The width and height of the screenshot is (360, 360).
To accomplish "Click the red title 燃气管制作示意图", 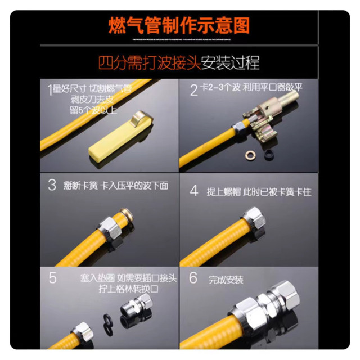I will pyautogui.click(x=179, y=25).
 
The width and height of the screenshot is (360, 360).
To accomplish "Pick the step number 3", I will pyautogui.click(x=52, y=185).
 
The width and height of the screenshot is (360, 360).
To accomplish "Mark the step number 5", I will pyautogui.click(x=52, y=278).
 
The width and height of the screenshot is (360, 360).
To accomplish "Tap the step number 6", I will pyautogui.click(x=193, y=278).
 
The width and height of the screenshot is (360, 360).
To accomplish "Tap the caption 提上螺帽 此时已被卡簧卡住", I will pyautogui.click(x=259, y=192).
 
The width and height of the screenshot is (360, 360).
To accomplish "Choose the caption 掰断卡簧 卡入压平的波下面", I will pyautogui.click(x=116, y=185).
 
